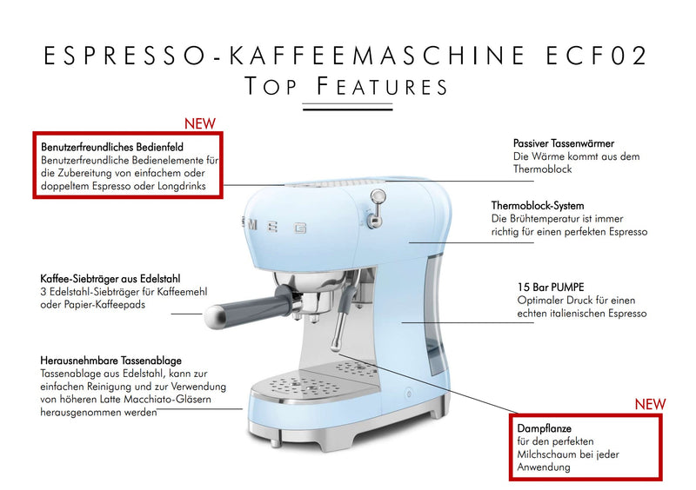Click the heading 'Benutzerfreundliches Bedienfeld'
[x=112, y=147]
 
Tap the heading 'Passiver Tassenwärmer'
[x=564, y=142]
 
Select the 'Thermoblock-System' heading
[x=538, y=205]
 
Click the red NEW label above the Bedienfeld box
[x=199, y=123]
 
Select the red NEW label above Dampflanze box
[x=649, y=404]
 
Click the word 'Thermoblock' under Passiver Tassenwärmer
[x=543, y=169]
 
